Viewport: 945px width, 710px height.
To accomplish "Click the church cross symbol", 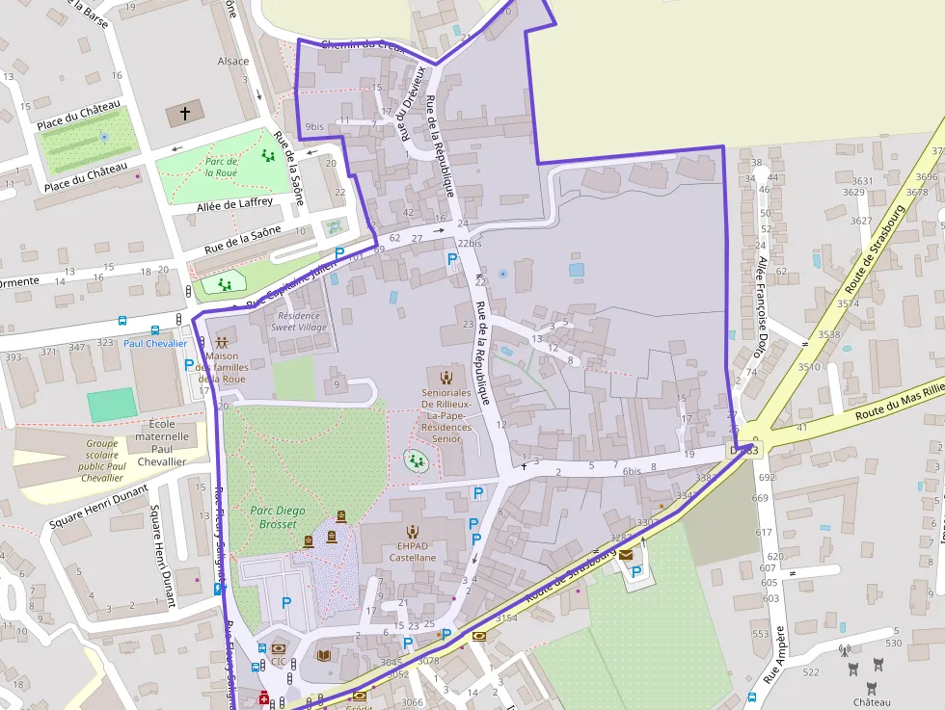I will (x=184, y=114).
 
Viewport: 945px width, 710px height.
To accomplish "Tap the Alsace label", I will (x=232, y=61).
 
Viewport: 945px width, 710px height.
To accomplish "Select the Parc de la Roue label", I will (x=221, y=167).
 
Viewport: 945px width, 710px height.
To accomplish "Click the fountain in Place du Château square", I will (x=104, y=138).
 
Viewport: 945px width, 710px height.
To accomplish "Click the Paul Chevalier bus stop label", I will (x=154, y=343).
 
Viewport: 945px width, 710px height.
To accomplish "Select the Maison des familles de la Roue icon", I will (x=222, y=343).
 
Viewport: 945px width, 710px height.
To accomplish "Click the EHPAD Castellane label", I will (x=413, y=551).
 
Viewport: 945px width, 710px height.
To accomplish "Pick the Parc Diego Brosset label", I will (x=273, y=517).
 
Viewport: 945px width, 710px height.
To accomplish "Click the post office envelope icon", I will (x=626, y=554).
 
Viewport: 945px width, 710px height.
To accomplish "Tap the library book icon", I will (x=324, y=655).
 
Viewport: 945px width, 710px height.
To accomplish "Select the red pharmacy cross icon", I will (x=264, y=698).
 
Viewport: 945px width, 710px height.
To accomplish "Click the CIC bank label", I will (x=279, y=662).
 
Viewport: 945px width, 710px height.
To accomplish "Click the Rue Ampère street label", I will (x=773, y=655).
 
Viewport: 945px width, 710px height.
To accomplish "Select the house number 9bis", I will (x=314, y=126).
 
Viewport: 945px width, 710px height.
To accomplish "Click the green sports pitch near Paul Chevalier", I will (x=112, y=404).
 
